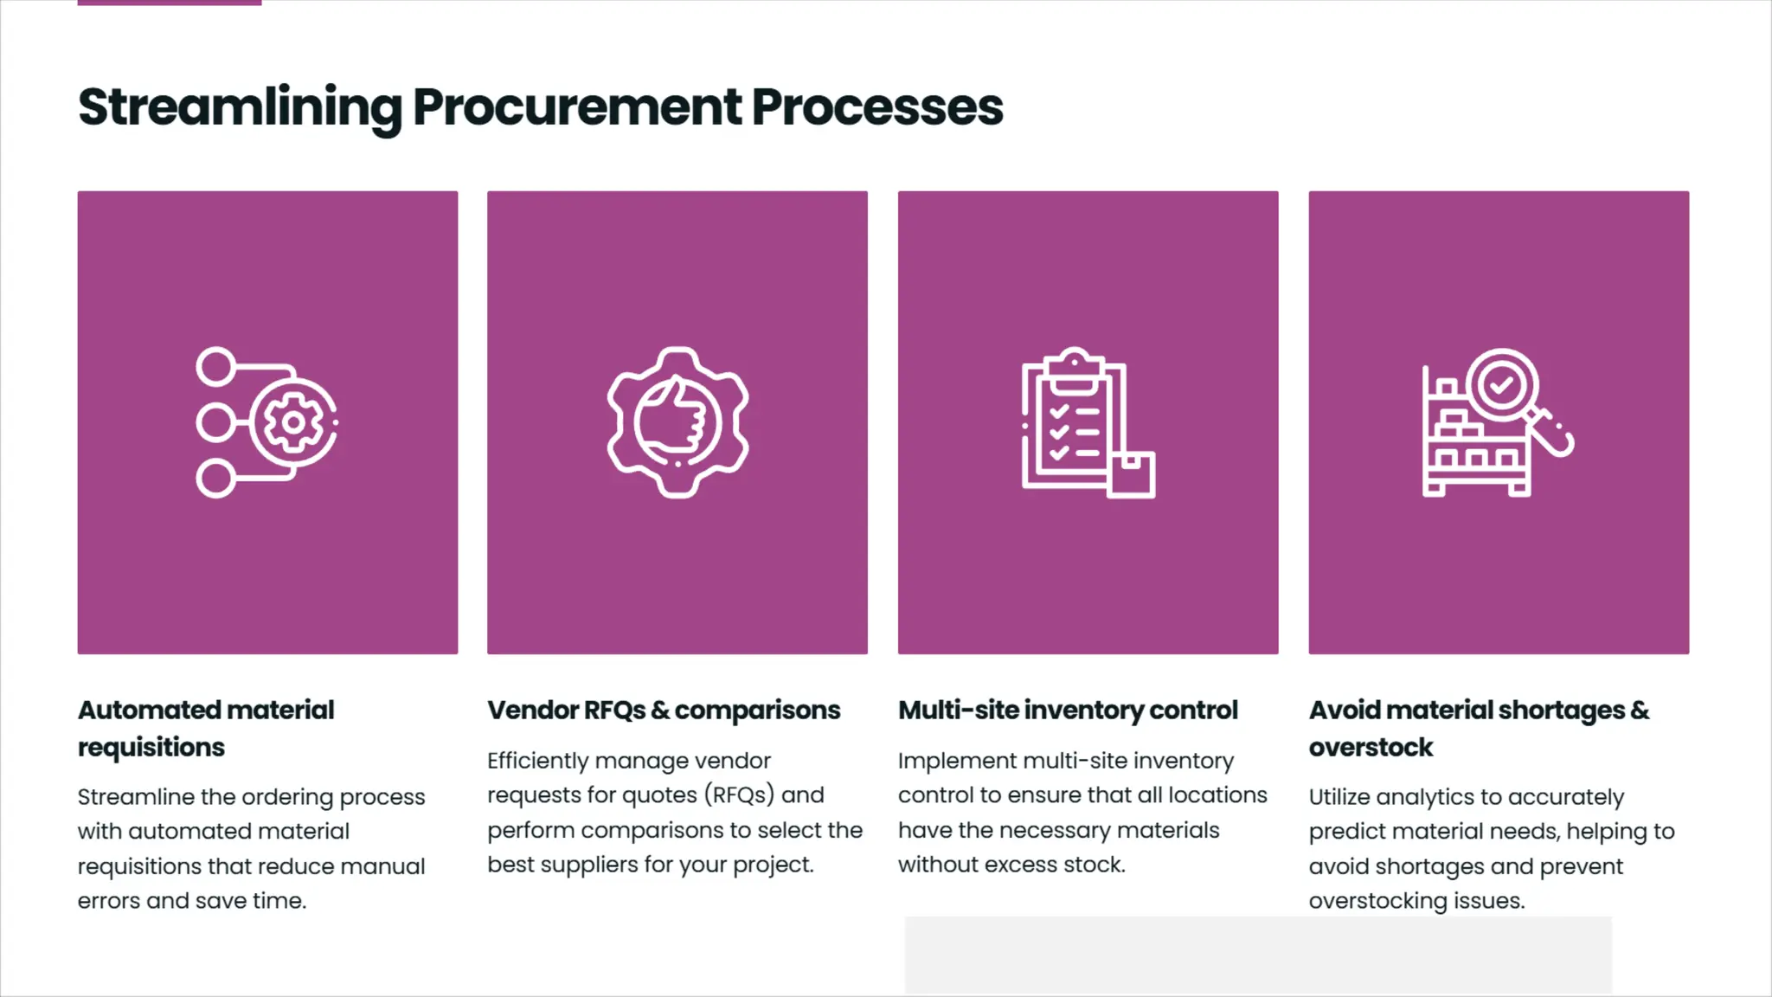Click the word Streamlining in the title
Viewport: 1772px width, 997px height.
pos(240,107)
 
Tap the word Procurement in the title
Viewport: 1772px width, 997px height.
pos(577,107)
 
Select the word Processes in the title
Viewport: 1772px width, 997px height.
pos(877,107)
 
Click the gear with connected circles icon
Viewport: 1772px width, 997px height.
pos(266,422)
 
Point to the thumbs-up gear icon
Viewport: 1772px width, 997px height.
pos(677,422)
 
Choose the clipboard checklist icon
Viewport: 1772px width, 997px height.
pos(1088,422)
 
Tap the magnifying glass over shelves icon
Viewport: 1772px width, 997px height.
pos(1498,422)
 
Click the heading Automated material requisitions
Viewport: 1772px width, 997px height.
pos(206,728)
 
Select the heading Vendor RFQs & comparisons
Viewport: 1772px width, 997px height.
pos(664,711)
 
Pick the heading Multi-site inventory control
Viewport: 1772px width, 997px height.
pos(1068,711)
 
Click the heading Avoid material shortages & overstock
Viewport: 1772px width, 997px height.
pos(1479,728)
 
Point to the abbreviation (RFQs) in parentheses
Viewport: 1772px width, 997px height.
pos(739,795)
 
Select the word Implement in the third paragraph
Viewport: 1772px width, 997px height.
pos(957,761)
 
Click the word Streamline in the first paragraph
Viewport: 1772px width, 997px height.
pos(136,797)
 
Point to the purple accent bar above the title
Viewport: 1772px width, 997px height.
pos(170,3)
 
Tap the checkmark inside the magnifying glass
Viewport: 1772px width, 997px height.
pos(1501,383)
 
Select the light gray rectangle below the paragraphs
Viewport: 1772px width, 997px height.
pos(1258,955)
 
